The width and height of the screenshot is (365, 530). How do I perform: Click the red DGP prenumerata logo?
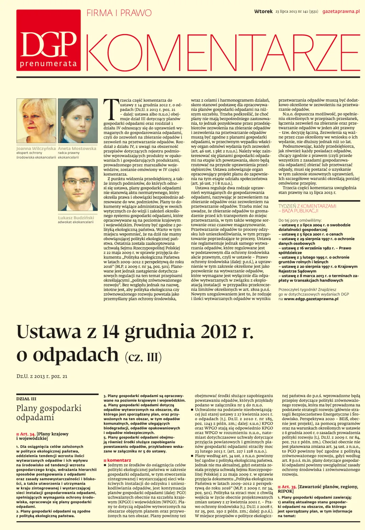(x=48, y=40)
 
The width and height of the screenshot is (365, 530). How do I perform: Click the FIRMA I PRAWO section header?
(x=119, y=13)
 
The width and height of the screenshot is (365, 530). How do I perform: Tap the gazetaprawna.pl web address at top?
(x=341, y=11)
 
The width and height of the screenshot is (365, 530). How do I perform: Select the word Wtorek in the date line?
(x=263, y=11)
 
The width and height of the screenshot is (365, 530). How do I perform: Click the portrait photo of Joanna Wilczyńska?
(x=36, y=121)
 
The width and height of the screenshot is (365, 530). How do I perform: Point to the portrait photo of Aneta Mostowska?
(x=78, y=121)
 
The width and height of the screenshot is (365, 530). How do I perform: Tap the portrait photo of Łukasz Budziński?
(x=78, y=189)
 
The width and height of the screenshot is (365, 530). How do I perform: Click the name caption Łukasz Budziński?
(x=76, y=218)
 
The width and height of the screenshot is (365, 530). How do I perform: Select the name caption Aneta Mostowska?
(x=77, y=148)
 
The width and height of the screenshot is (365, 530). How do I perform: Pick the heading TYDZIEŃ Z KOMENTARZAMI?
(x=307, y=206)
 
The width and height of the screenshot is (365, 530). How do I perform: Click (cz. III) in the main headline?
(x=143, y=357)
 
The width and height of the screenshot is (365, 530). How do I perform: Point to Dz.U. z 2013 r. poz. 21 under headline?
(x=42, y=376)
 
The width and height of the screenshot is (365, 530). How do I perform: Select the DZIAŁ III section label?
(x=26, y=399)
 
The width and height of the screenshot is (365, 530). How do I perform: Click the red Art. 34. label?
(x=27, y=434)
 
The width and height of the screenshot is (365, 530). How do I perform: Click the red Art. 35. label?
(x=289, y=487)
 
